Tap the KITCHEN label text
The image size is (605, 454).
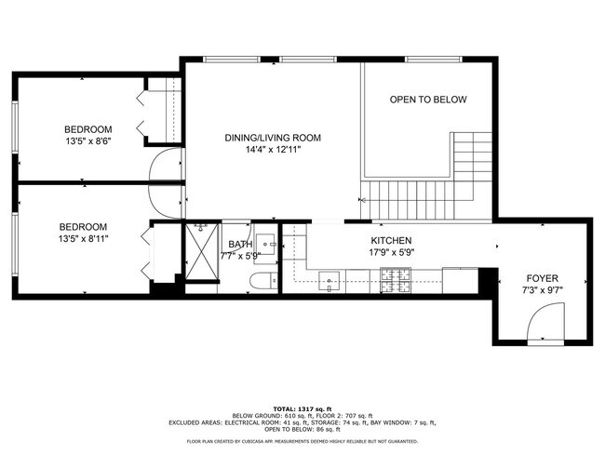point(391,240)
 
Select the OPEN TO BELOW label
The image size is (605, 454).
point(427,100)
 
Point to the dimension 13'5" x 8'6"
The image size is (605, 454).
point(87,140)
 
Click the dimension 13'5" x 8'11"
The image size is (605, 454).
point(83,238)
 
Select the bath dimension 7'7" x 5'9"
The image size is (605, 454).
point(239,255)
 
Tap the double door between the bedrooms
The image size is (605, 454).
point(164,182)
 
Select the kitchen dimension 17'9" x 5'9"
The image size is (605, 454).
point(391,252)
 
